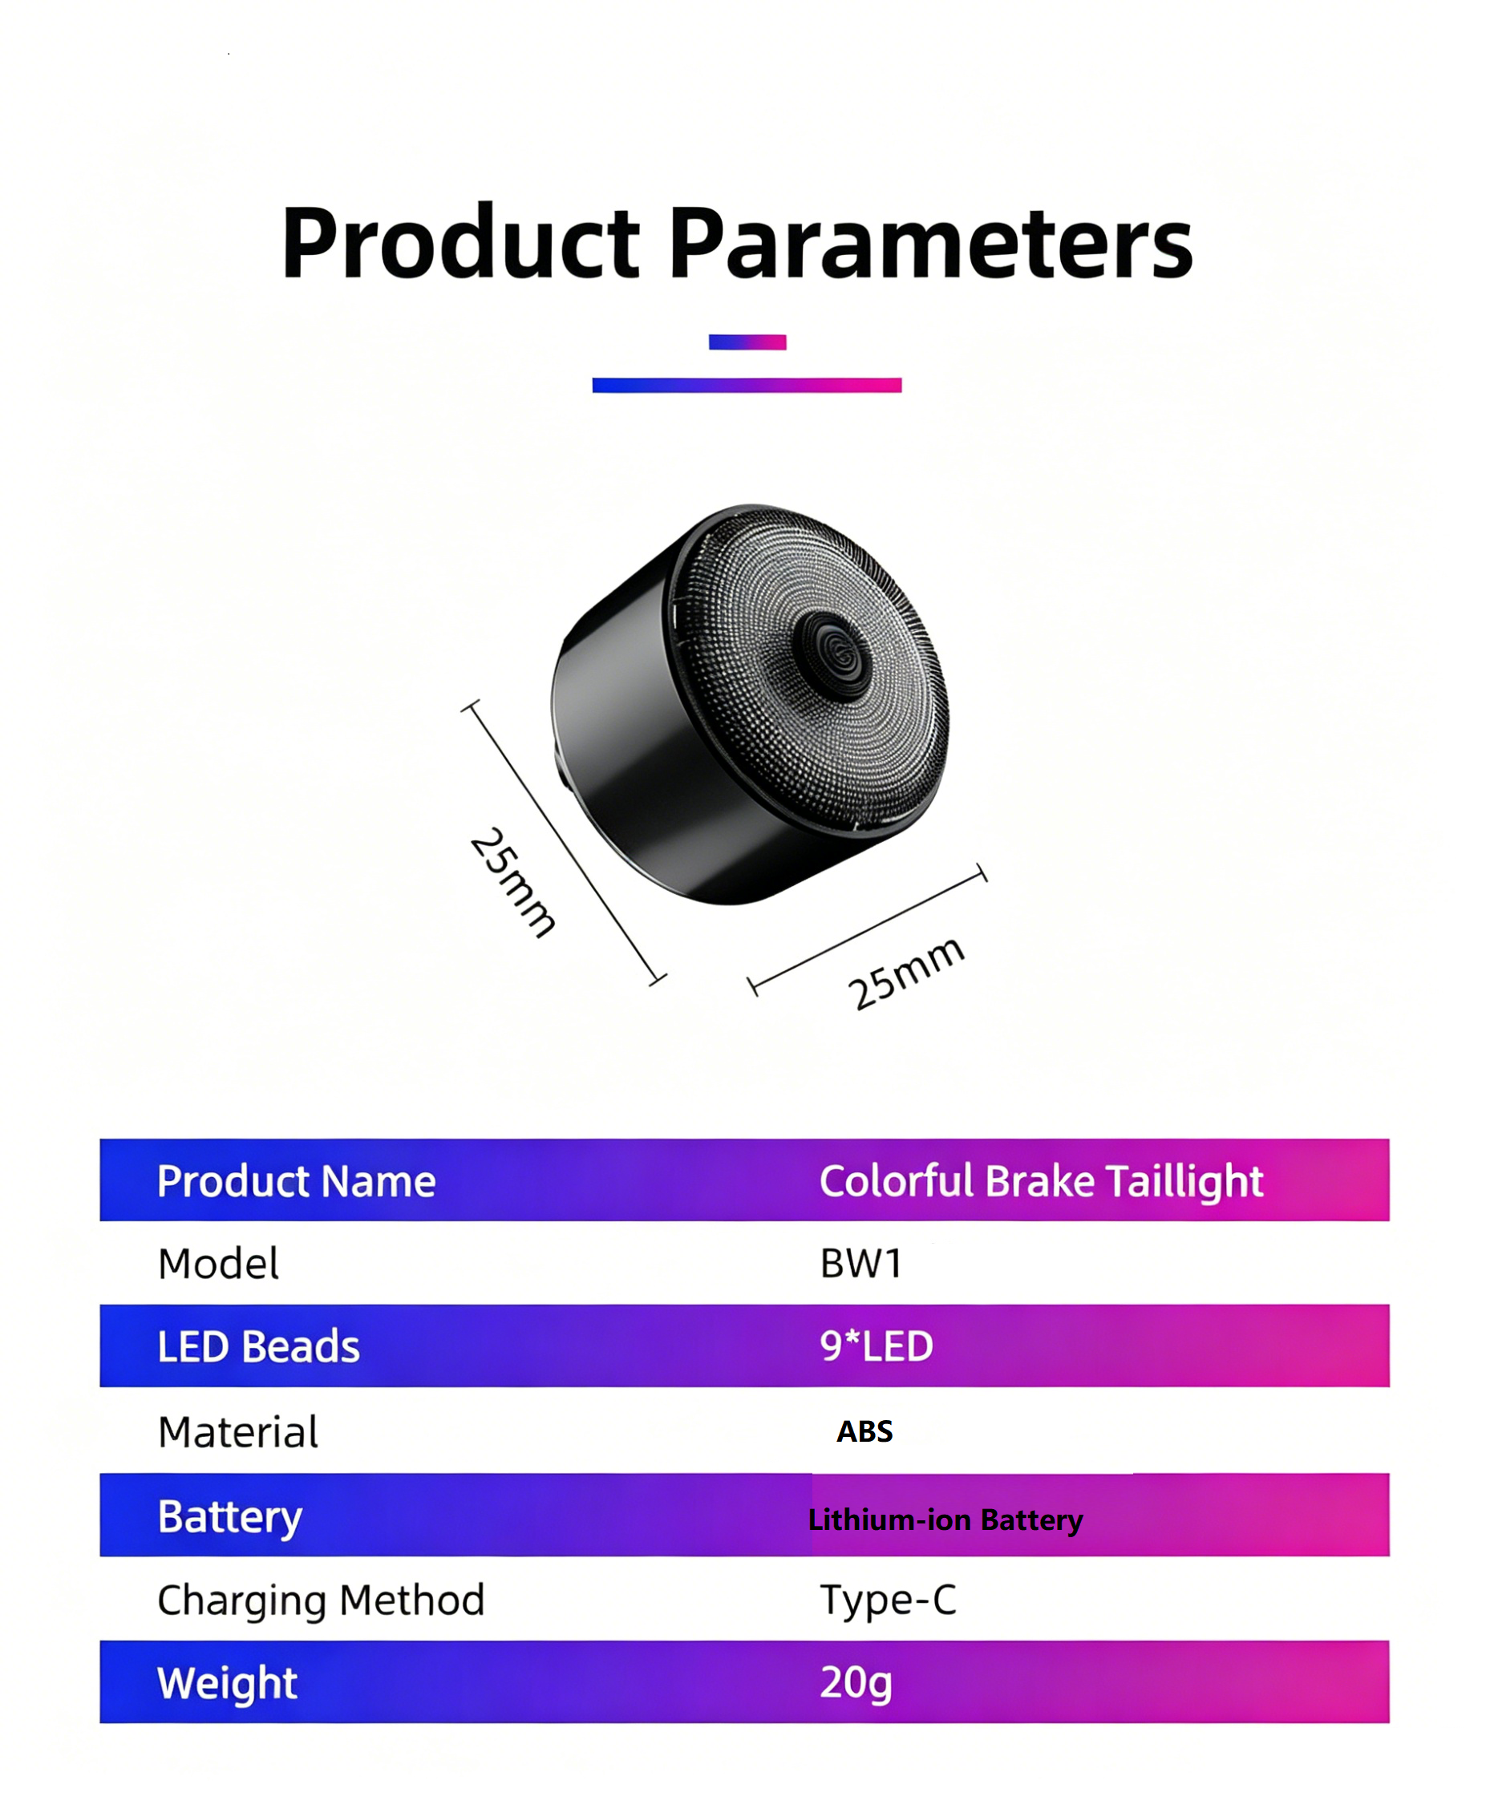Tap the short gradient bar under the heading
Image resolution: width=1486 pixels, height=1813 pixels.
coord(747,342)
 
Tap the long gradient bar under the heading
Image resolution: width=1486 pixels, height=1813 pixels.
coord(747,385)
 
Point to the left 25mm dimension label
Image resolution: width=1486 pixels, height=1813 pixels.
coord(512,883)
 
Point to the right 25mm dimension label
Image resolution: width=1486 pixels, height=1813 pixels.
coord(905,973)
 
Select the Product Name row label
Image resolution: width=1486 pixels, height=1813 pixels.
coord(296,1181)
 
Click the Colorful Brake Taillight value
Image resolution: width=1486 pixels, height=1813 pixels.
coord(1041,1181)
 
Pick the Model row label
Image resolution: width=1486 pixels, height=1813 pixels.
coord(218,1264)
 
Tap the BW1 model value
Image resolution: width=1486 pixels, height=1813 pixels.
coord(861,1264)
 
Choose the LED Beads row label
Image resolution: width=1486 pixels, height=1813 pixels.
coord(258,1346)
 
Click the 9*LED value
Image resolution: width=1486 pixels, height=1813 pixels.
coord(877,1346)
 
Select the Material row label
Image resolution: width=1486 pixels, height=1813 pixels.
coord(238,1432)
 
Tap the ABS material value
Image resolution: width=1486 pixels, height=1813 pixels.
coord(864,1431)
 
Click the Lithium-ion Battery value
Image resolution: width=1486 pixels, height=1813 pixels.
coord(945,1520)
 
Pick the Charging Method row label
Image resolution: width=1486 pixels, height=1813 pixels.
coord(321,1600)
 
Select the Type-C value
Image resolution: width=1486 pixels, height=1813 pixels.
coord(888,1599)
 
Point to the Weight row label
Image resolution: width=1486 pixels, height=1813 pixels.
coord(227,1683)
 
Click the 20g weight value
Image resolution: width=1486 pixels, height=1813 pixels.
coord(856,1683)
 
